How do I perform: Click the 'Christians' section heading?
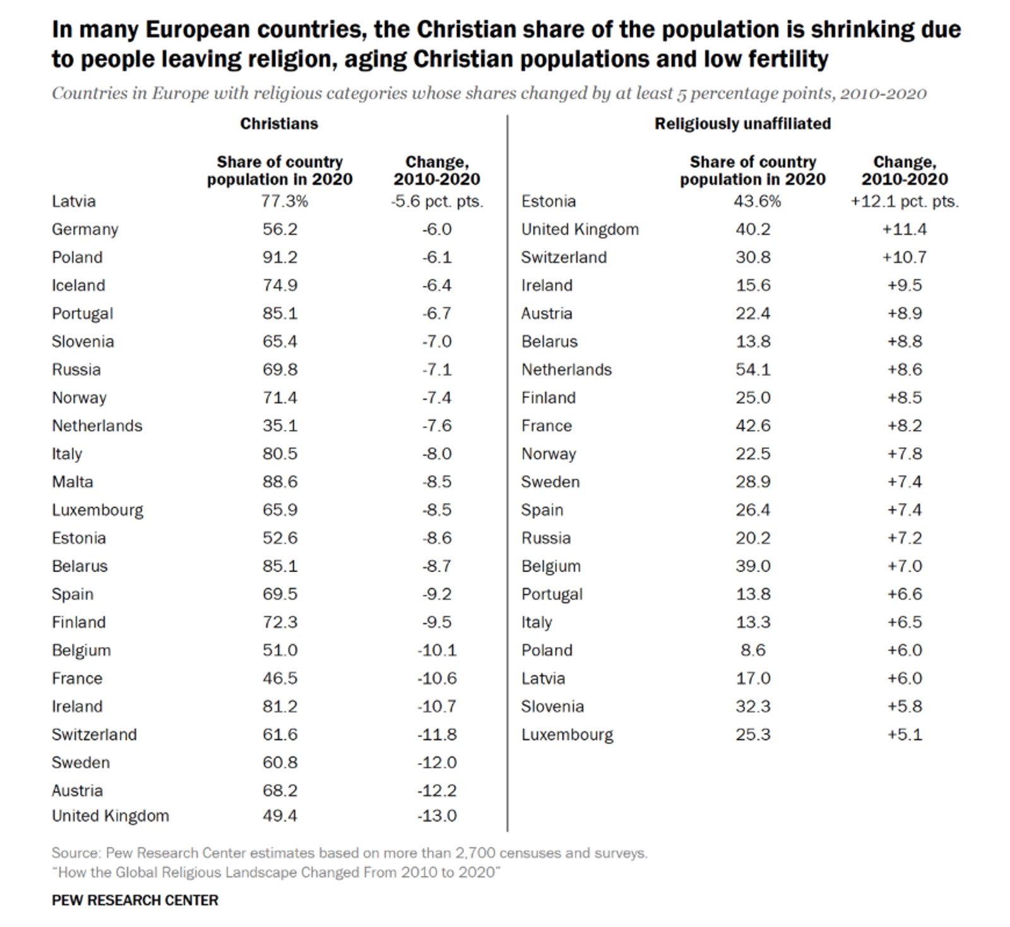coord(279,124)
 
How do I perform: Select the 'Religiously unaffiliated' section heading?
coord(742,124)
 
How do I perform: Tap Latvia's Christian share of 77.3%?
coord(285,201)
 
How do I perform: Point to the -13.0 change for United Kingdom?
coord(437,816)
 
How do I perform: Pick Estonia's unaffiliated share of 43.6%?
coord(758,201)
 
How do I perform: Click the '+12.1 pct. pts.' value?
coord(905,201)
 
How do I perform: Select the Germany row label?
coord(85,229)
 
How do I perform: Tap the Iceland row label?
coord(78,285)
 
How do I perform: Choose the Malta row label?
coord(73,482)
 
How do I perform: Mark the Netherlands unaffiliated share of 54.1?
coord(753,369)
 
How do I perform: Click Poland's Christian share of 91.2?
coord(280,258)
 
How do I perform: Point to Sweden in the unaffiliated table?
coord(550,482)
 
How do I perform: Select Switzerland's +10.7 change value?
coord(905,258)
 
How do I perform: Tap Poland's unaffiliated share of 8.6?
coord(753,650)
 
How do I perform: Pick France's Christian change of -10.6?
coord(437,678)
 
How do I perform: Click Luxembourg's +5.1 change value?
coord(905,734)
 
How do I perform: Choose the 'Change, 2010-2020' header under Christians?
coord(437,170)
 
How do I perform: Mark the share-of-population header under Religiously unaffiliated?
coord(752,170)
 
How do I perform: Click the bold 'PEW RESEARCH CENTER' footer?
coord(135,900)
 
